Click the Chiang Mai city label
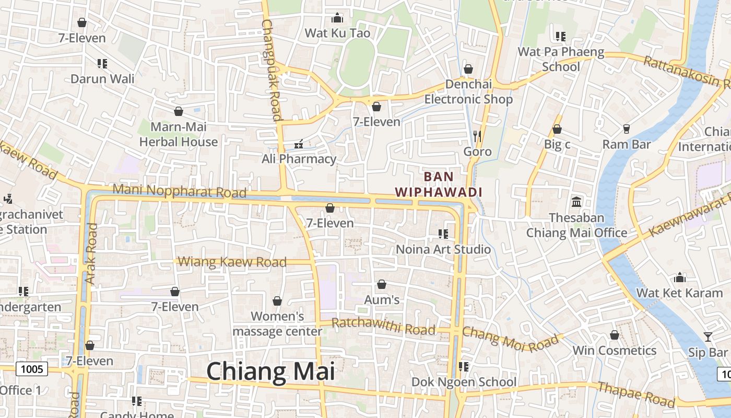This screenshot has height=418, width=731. [270, 371]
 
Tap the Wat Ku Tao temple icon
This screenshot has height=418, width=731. [337, 18]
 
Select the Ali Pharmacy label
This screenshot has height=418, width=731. [299, 159]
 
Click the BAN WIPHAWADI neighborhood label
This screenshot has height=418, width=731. [439, 184]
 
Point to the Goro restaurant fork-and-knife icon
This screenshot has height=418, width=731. [477, 136]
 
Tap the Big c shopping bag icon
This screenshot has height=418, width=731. [557, 129]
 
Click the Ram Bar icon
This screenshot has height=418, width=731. [626, 129]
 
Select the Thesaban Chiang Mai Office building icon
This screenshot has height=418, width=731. [576, 202]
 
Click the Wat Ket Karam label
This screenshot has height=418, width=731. [679, 293]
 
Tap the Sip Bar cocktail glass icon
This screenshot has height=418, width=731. [708, 337]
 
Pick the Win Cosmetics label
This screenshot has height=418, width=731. [615, 350]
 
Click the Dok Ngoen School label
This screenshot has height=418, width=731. [464, 382]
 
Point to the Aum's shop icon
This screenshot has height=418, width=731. [382, 284]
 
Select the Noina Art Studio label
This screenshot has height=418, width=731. [443, 249]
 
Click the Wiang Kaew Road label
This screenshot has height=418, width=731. [232, 261]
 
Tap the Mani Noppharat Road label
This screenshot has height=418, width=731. [179, 191]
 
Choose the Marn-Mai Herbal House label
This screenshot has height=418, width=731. [179, 134]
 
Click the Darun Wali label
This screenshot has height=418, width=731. [102, 79]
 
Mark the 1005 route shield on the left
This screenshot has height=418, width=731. [32, 369]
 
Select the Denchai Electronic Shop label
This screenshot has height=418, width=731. [468, 92]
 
